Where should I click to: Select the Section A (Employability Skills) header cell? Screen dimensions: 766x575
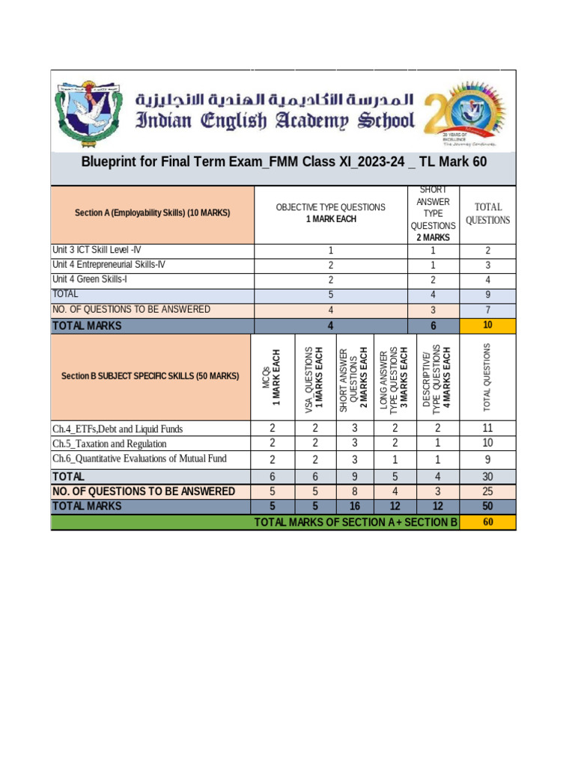[153, 213]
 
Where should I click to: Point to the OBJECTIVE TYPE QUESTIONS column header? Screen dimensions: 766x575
[331, 213]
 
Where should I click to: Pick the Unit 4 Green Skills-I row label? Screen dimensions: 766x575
[90, 280]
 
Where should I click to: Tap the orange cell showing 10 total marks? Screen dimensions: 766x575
[487, 325]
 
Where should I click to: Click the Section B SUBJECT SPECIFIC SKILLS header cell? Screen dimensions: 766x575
[150, 376]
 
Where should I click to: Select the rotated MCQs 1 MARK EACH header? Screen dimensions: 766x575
[272, 377]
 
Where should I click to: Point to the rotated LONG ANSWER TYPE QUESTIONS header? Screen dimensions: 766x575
[394, 377]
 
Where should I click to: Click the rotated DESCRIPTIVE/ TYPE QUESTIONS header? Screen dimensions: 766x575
[437, 377]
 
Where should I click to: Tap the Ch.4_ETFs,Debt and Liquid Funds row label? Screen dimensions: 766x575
[118, 429]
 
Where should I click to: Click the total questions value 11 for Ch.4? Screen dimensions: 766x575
[487, 429]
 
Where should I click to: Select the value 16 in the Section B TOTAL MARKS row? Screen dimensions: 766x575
[355, 506]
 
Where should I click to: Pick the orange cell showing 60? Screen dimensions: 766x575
[487, 522]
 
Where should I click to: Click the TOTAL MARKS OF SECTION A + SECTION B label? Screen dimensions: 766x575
[356, 522]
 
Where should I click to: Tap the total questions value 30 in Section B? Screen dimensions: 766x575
[487, 477]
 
